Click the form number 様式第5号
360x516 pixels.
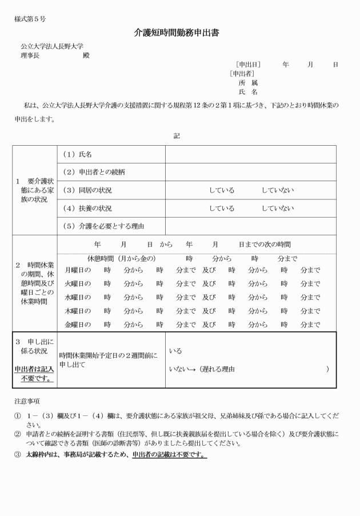30,19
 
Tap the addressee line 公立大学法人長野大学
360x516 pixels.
54,46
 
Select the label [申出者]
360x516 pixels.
242,74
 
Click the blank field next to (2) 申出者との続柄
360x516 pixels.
250,172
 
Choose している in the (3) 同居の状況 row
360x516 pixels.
221,190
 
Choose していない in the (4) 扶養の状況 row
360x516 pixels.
278,209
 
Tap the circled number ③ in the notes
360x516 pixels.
17,455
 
